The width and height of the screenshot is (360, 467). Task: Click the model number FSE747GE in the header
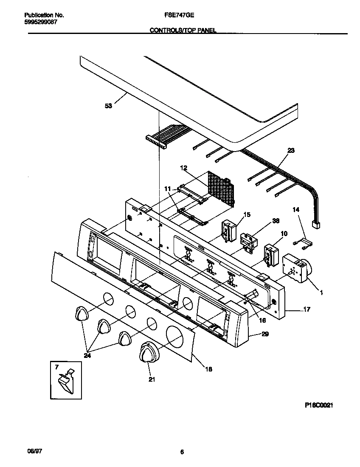click(x=179, y=15)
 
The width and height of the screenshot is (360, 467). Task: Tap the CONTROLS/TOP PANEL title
click(x=183, y=31)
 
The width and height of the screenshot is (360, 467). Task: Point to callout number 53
click(x=108, y=106)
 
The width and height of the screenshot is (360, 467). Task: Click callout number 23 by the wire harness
click(x=291, y=150)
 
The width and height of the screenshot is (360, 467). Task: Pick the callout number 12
click(x=184, y=168)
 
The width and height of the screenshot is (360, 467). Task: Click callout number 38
click(x=276, y=221)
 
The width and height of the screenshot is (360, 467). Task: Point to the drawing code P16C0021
click(x=318, y=405)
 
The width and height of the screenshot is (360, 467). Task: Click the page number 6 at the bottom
click(x=182, y=453)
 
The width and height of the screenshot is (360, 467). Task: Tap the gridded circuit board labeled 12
click(x=222, y=188)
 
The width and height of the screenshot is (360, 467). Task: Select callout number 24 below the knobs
click(x=87, y=356)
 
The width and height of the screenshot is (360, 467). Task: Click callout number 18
click(x=208, y=369)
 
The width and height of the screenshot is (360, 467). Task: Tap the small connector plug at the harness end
click(x=316, y=225)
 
